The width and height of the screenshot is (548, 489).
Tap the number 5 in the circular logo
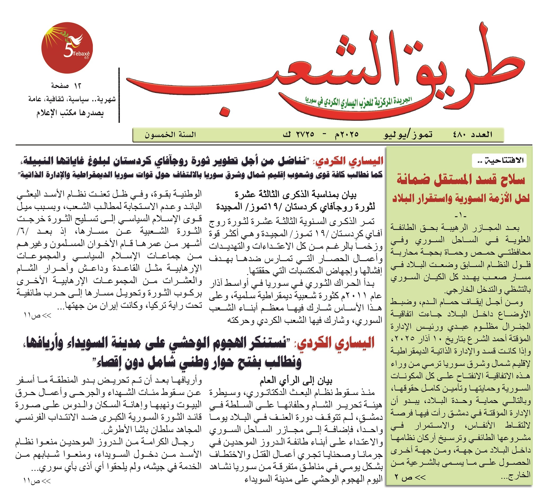(x=68, y=51)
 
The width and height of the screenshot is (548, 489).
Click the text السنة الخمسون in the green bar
(x=170, y=135)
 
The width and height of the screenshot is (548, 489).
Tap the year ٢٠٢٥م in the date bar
(x=347, y=134)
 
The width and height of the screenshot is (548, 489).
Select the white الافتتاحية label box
(x=499, y=161)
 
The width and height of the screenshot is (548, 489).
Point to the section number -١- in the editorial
(x=460, y=216)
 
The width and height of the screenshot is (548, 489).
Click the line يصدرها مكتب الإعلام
(x=70, y=113)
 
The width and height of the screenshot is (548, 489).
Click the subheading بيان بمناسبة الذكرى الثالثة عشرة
(x=296, y=194)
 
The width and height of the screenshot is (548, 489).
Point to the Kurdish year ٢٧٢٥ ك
(x=298, y=134)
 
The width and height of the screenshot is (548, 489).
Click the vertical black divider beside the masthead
(x=119, y=95)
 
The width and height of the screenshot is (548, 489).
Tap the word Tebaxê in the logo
(x=81, y=54)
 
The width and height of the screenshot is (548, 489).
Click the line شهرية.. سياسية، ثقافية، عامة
(x=72, y=99)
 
